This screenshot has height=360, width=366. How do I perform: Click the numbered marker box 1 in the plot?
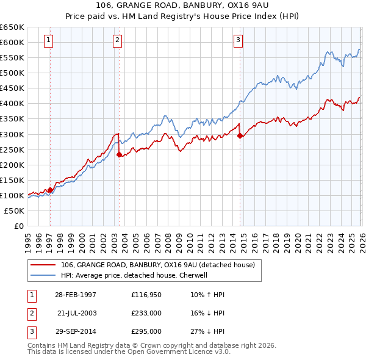click(x=48, y=41)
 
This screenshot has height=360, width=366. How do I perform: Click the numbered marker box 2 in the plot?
click(x=117, y=41)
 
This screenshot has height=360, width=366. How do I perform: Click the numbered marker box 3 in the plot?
click(x=238, y=41)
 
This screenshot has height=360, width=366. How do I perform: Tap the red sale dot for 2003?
click(x=119, y=154)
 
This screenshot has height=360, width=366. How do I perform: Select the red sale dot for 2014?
click(x=240, y=135)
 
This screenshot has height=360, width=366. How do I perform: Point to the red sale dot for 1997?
click(x=50, y=190)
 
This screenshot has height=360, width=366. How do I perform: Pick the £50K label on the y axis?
click(x=14, y=211)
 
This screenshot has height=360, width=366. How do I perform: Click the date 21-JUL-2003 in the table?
click(x=79, y=313)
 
